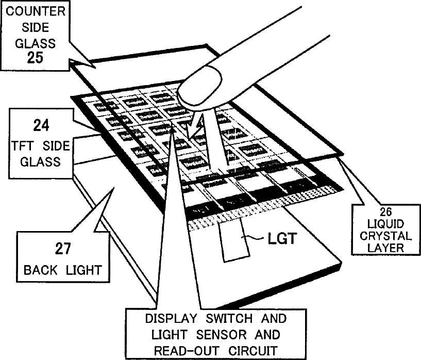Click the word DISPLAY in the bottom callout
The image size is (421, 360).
tap(165, 318)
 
